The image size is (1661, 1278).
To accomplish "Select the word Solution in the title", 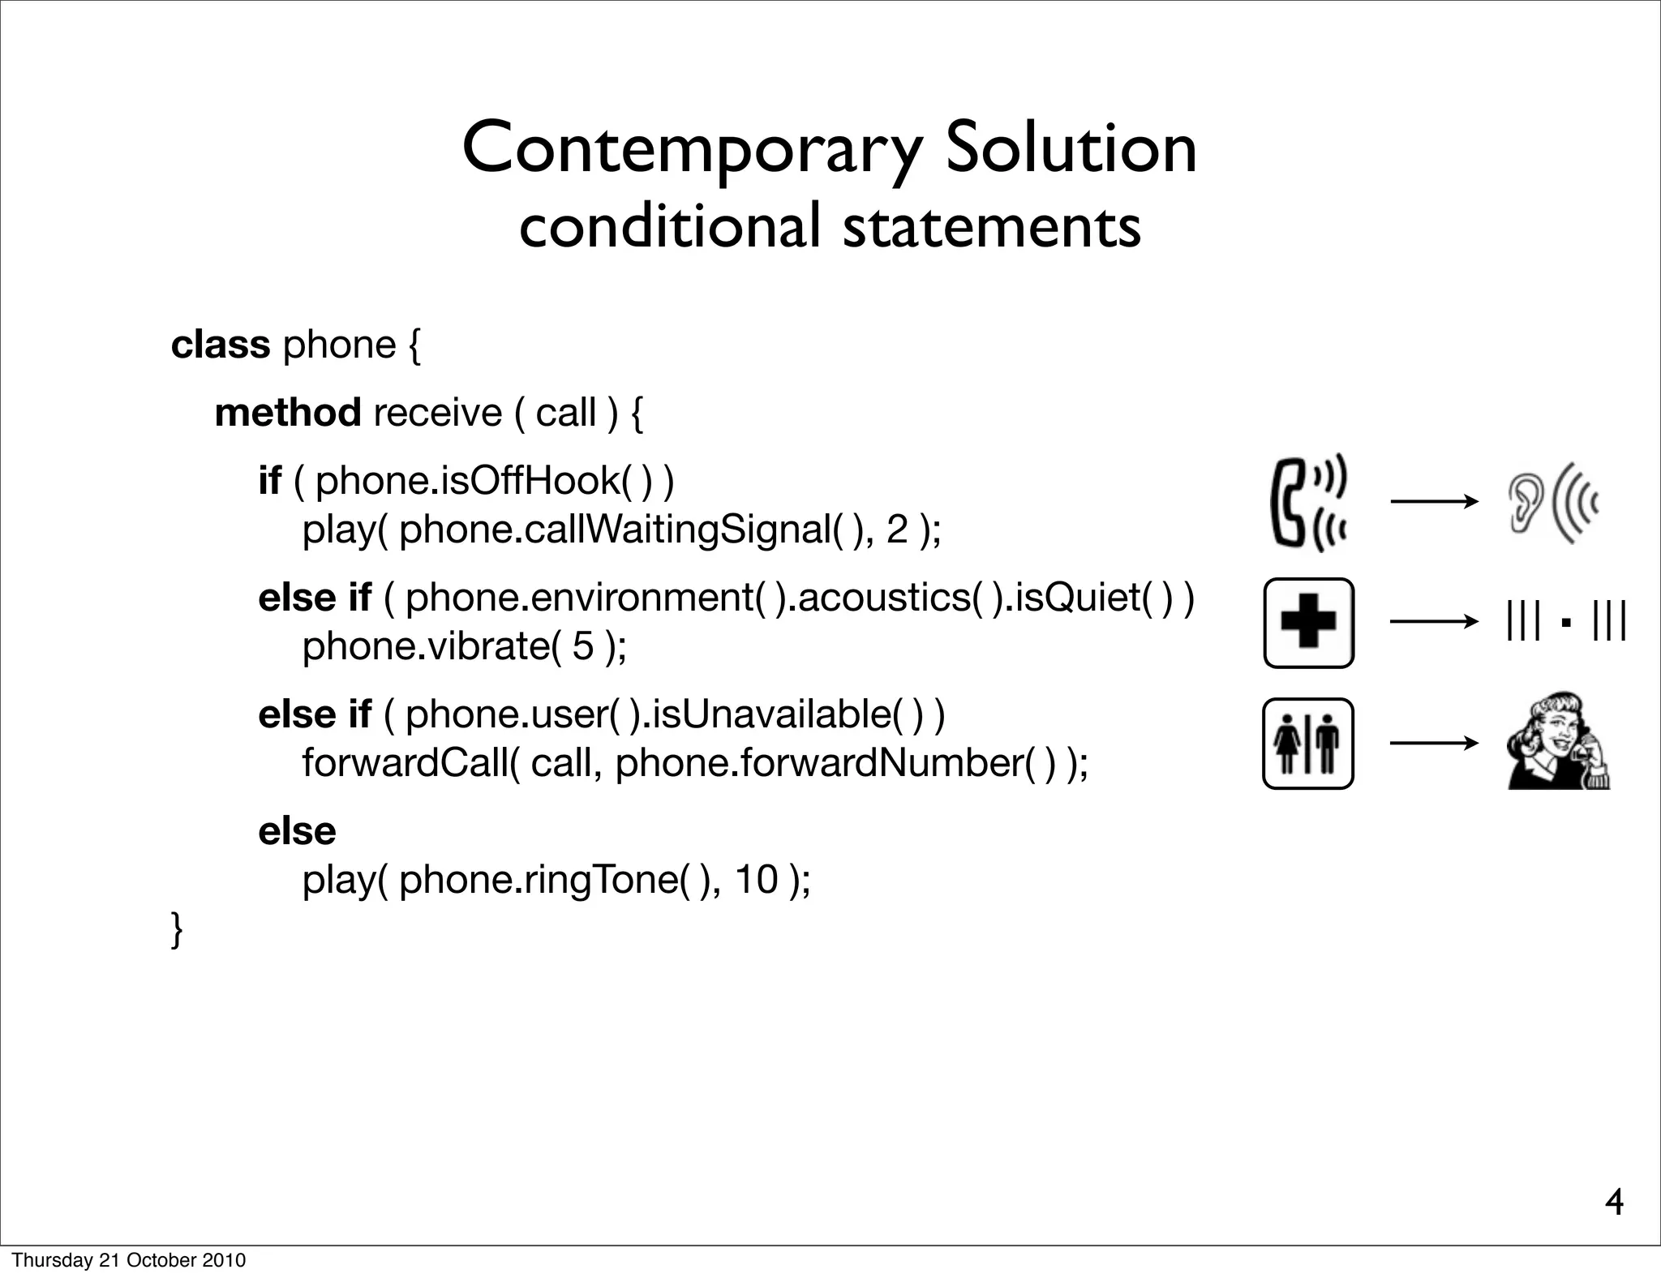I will point(1071,148).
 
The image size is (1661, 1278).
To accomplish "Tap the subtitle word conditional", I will point(670,226).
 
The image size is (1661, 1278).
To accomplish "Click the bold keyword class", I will point(220,345).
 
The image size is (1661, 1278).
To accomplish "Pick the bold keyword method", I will point(288,413).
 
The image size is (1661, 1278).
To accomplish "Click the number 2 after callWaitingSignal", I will point(897,530).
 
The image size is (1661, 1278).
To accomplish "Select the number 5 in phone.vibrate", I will point(583,646).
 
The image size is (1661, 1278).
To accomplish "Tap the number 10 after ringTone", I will point(757,880).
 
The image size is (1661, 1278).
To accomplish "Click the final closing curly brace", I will point(177,929).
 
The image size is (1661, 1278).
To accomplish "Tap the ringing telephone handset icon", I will point(1307,503).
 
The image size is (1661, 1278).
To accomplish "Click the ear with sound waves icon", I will point(1552,503).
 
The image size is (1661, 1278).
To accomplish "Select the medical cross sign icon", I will point(1308,623).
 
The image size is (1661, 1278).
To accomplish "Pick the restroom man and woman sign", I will point(1307,744).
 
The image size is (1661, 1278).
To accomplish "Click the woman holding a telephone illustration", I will point(1558,740).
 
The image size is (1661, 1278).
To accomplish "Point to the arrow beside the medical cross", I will point(1434,622).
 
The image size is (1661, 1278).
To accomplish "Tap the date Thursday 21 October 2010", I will point(128,1260).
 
